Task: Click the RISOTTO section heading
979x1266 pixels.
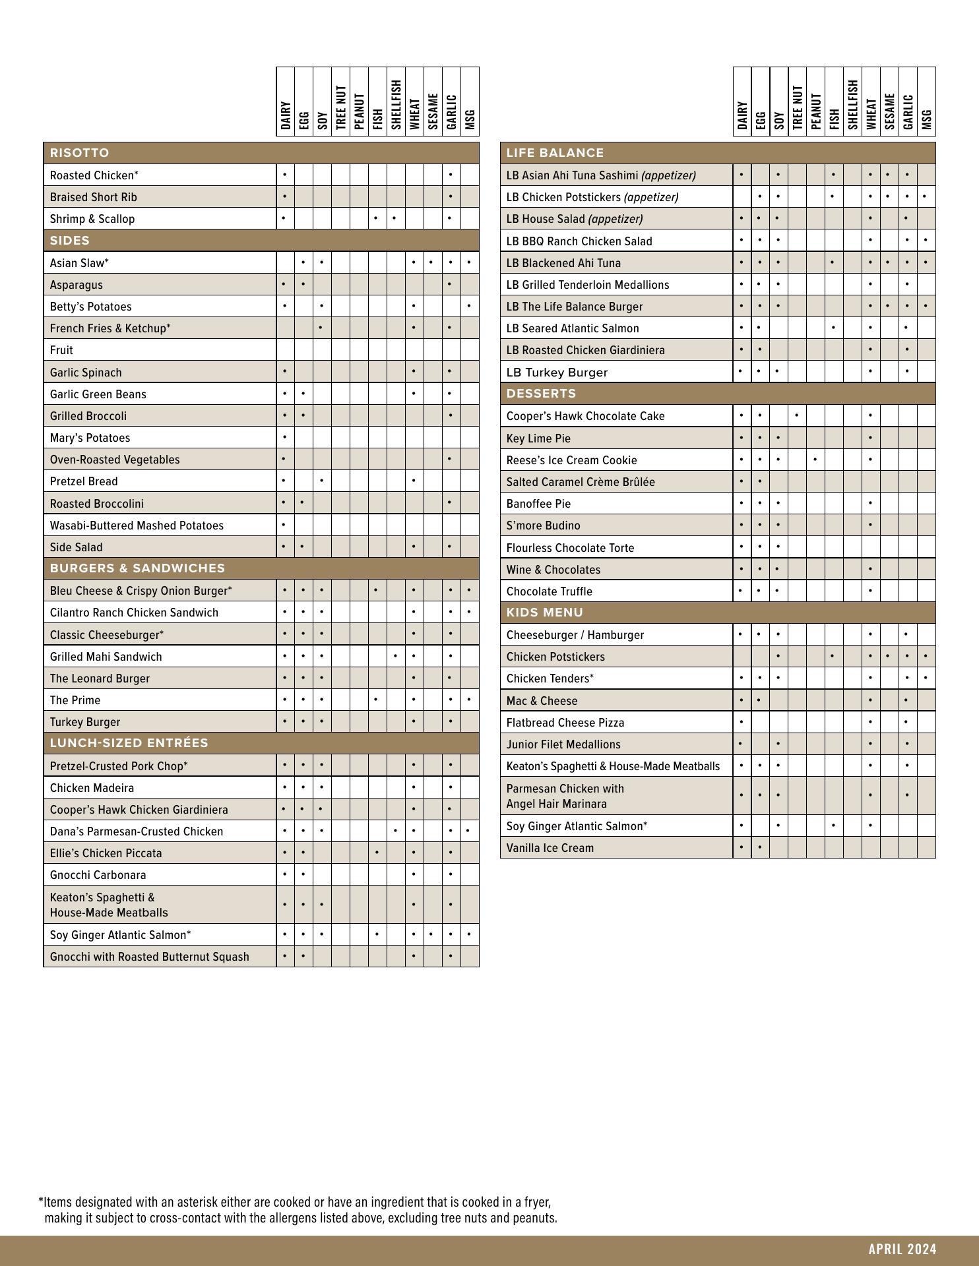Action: (80, 153)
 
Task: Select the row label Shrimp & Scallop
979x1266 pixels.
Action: (92, 219)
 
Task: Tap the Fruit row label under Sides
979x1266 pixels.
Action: (61, 350)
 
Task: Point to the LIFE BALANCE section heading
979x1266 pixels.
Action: (555, 153)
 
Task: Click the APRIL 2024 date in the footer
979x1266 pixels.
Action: (902, 1249)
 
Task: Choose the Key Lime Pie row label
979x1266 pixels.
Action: (538, 438)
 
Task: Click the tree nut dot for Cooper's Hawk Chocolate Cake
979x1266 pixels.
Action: (797, 415)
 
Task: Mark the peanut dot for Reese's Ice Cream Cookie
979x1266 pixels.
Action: (815, 460)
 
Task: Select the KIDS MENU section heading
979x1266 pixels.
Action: (544, 613)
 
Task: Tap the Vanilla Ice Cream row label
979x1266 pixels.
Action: (550, 848)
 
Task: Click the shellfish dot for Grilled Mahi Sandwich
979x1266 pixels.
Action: (395, 656)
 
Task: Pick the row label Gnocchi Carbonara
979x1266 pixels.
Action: (98, 875)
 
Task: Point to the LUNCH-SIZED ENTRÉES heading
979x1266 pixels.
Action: (129, 743)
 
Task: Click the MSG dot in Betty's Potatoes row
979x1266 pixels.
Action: (469, 306)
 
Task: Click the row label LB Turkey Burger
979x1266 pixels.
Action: (557, 373)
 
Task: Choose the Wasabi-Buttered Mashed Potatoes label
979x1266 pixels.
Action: (137, 526)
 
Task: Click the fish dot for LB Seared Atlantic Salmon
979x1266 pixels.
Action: (834, 328)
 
